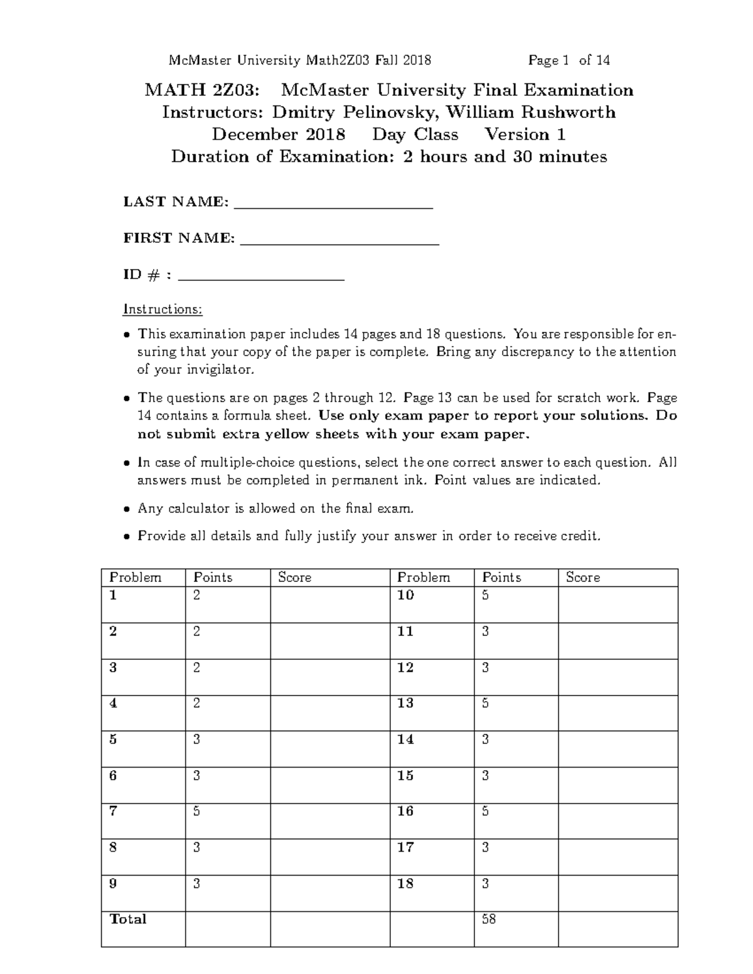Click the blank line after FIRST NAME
[339, 242]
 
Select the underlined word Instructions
[163, 309]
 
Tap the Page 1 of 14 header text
[569, 61]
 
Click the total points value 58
[489, 920]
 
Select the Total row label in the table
[128, 919]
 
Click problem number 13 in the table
[405, 703]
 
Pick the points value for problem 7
[197, 812]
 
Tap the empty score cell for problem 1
[330, 605]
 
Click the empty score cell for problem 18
[617, 893]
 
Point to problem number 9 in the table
[113, 884]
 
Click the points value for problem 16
[485, 812]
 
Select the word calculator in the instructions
[198, 509]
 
